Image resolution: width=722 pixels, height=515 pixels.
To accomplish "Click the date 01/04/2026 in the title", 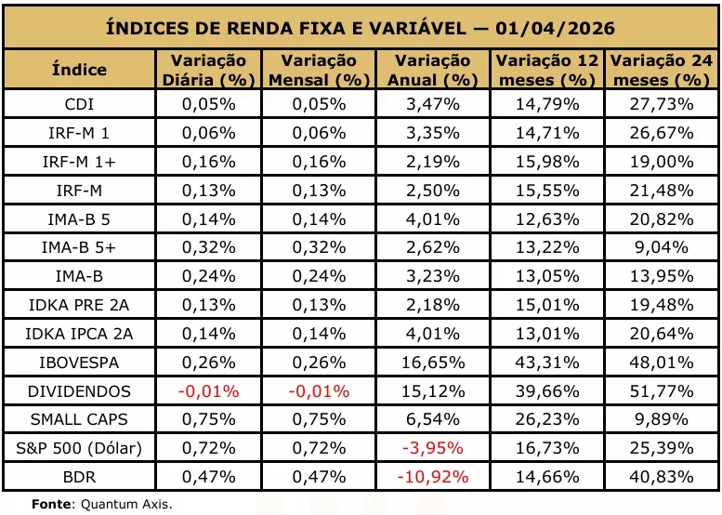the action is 555,28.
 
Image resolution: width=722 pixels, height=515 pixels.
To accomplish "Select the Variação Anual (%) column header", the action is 433,70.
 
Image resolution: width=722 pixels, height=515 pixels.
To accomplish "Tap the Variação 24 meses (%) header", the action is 662,70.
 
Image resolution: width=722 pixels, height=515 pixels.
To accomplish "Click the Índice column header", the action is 79,70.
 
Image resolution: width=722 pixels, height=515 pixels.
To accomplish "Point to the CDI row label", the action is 79,104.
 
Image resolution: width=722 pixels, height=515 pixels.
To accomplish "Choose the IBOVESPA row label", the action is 79,363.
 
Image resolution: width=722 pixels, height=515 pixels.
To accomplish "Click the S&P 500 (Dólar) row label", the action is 79,448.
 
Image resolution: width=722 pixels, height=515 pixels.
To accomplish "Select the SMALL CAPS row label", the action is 79,419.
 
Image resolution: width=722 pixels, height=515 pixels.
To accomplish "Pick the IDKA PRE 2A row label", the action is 79,305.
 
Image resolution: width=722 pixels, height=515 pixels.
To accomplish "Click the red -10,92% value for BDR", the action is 433,477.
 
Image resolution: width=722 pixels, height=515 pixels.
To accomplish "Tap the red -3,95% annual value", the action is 433,448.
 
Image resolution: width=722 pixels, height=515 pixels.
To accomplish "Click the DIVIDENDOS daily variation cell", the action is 208,391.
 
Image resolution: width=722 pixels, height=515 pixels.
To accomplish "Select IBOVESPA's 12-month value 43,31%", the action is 547,363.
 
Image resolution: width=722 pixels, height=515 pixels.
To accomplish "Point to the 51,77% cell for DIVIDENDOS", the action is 662,391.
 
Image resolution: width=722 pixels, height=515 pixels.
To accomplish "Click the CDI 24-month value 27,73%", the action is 662,104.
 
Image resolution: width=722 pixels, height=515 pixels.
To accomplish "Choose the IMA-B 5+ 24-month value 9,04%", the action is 662,248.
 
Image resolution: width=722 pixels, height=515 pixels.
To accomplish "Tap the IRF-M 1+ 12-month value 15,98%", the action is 547,162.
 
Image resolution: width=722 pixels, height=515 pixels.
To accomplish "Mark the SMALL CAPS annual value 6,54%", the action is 433,419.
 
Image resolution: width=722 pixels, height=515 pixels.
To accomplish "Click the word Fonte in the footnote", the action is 51,504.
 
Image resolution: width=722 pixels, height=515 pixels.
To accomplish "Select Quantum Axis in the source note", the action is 126,504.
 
